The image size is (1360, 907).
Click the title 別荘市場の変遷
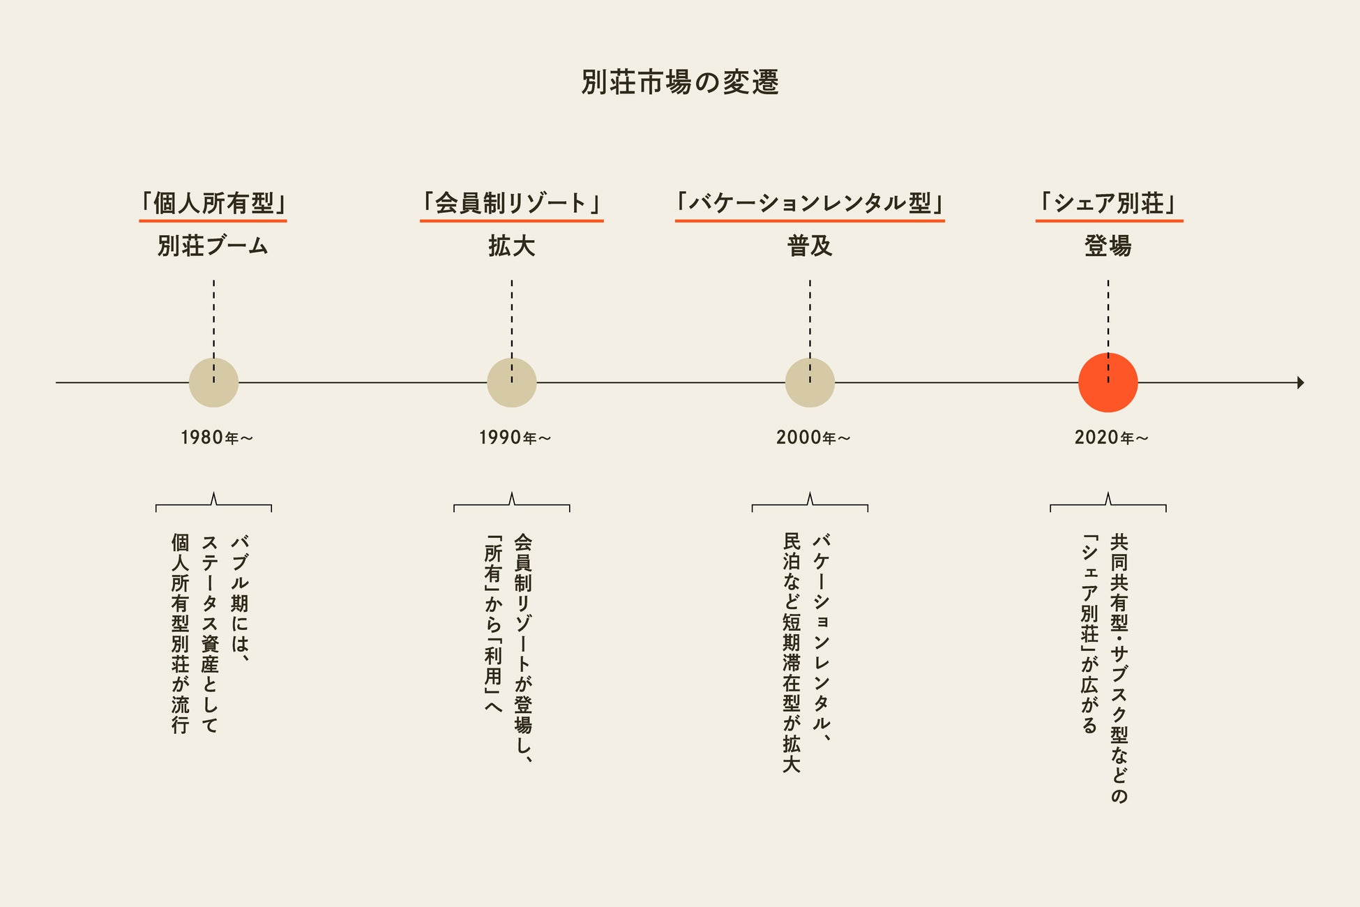[680, 82]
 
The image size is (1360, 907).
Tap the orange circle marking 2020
[1108, 382]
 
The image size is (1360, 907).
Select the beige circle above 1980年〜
[213, 382]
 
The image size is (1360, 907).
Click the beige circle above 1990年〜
[511, 382]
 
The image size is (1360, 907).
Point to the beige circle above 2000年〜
[810, 382]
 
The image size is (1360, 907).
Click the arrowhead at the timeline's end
[1300, 382]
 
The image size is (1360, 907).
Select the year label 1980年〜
[216, 437]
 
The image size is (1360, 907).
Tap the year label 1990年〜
[515, 437]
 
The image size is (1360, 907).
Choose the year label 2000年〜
[813, 437]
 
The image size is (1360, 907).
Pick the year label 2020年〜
[1111, 437]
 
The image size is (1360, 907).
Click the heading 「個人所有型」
[213, 203]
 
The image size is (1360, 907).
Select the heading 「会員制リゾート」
[511, 203]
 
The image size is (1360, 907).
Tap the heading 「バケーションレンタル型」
[810, 203]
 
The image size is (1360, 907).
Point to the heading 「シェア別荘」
[1109, 203]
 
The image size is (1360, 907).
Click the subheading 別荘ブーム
[213, 246]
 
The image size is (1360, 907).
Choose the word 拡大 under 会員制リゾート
[511, 246]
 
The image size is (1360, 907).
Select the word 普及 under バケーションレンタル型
[810, 246]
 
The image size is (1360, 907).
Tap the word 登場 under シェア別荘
[1108, 246]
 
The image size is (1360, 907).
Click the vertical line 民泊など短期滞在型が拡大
[792, 652]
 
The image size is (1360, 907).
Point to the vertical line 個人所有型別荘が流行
[181, 633]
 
